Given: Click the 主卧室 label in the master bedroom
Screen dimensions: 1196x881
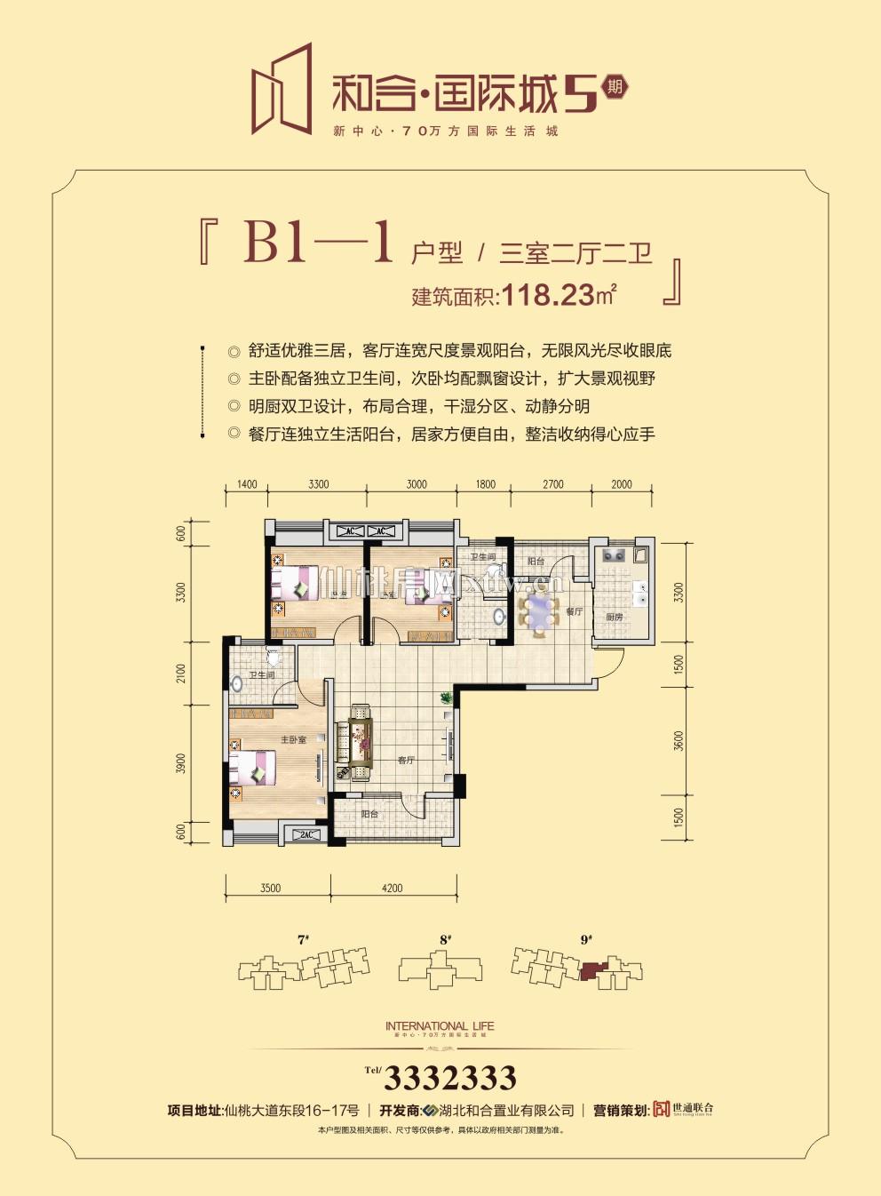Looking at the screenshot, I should tap(293, 739).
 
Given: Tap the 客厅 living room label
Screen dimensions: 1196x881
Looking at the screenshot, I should tap(406, 761).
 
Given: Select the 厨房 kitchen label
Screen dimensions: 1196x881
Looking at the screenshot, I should tap(614, 617).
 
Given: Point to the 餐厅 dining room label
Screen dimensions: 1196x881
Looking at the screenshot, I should tap(574, 611).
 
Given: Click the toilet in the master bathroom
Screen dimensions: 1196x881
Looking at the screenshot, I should tap(274, 658).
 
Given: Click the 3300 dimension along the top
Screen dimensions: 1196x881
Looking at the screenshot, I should tap(319, 484).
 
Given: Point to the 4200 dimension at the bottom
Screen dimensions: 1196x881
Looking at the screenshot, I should tap(392, 888).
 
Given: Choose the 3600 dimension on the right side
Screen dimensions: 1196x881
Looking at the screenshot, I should tap(679, 740).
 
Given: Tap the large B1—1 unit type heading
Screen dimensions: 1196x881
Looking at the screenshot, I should tap(318, 242).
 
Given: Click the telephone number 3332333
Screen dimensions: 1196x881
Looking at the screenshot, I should tap(450, 1078).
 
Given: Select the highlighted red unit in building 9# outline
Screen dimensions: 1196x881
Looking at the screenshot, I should tap(591, 969).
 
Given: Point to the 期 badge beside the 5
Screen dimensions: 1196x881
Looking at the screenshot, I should tap(614, 87).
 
